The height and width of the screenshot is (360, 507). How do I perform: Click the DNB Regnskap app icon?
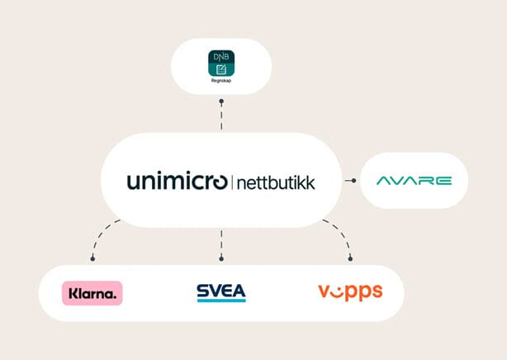[x=221, y=64]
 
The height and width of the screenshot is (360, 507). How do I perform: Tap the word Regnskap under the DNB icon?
[x=221, y=83]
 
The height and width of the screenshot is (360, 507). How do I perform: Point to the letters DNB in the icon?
[x=221, y=56]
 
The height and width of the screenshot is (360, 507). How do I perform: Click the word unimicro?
[x=177, y=181]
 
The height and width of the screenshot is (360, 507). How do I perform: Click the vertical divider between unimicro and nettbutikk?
[x=231, y=181]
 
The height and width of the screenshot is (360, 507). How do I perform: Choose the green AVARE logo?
[x=414, y=180]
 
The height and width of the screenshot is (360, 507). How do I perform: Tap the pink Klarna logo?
[x=92, y=293]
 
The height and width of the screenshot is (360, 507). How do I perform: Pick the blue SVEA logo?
[x=220, y=292]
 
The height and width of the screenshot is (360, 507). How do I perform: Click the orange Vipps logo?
[x=350, y=291]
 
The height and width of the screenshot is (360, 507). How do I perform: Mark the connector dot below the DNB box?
[x=221, y=102]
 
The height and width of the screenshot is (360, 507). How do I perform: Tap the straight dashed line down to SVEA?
[x=221, y=241]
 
